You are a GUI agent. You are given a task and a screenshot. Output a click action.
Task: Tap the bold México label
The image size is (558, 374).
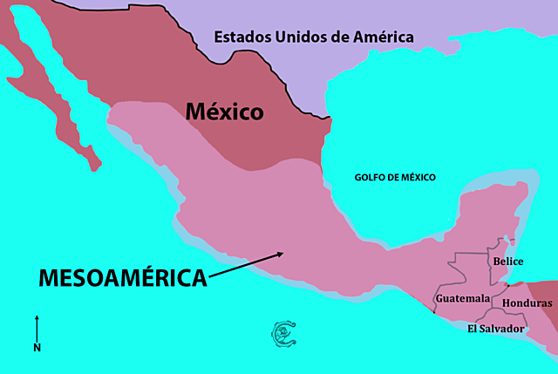pos(224,112)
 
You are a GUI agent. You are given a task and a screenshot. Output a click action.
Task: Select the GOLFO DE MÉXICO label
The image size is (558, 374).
pos(395,177)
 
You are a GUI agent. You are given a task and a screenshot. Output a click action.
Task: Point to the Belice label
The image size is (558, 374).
pos(507,261)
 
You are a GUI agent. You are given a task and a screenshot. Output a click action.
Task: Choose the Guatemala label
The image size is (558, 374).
pos(462,298)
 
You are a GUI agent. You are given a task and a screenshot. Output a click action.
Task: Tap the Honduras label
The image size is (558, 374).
pos(527,303)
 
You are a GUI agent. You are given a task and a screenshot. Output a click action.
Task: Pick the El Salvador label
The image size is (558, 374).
pos(495,329)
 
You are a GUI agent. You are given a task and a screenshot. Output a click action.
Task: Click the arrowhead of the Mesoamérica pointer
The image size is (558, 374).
pos(280,255)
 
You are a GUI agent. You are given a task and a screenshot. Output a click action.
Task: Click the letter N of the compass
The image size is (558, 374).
pos(37,347)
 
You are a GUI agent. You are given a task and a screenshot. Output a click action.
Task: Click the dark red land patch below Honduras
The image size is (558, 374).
pos(546,323)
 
